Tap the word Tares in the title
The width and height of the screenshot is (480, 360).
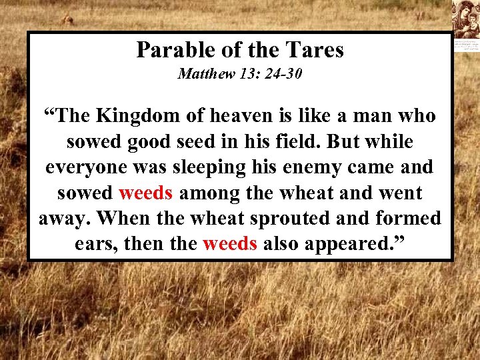(x=316, y=50)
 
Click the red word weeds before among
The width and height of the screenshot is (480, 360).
(x=146, y=193)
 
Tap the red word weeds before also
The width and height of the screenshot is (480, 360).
(x=230, y=244)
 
